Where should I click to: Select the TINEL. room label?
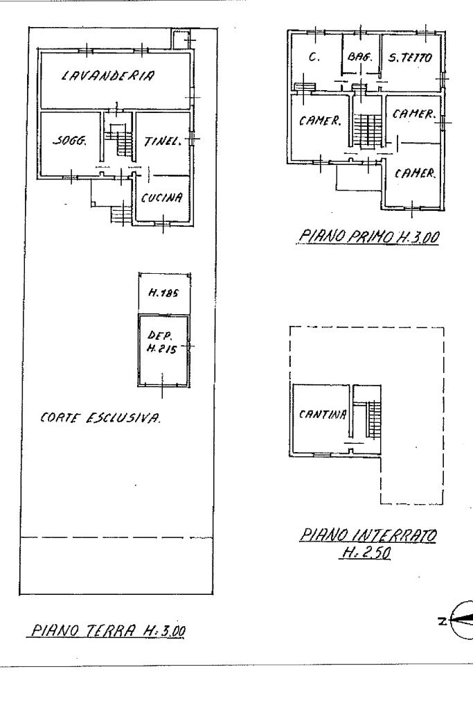[161, 141]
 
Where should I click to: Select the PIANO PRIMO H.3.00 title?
[369, 238]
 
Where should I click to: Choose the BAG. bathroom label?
[360, 59]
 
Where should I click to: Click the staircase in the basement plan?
[373, 419]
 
